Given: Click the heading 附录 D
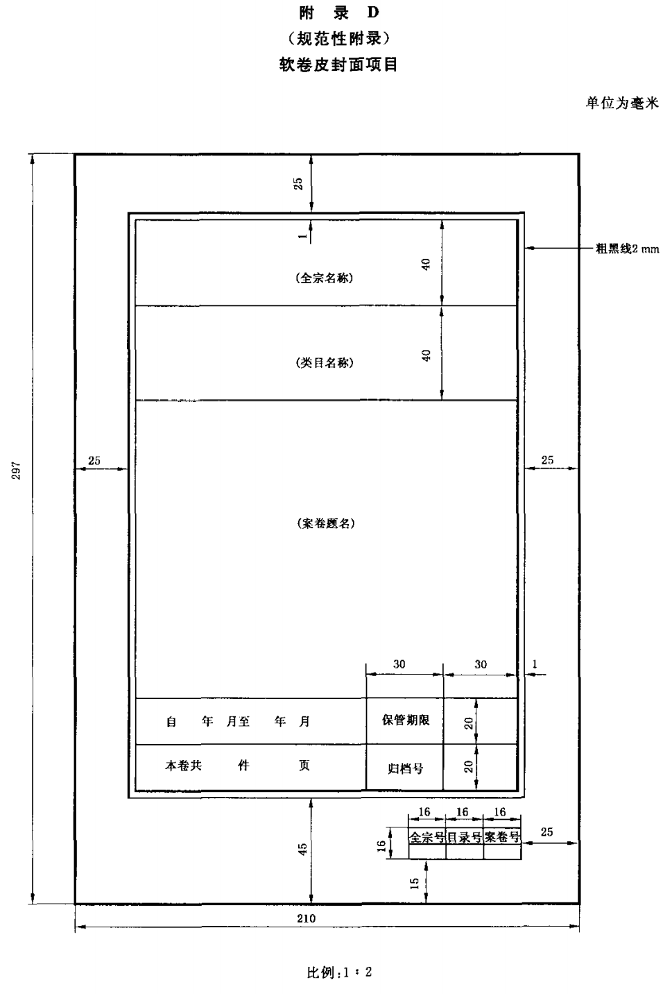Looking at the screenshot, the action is pyautogui.click(x=339, y=13).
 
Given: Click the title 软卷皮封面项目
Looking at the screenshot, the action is pyautogui.click(x=338, y=65).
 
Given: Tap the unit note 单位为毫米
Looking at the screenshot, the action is pyautogui.click(x=622, y=103).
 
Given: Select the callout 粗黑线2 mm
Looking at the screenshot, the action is pyautogui.click(x=627, y=249).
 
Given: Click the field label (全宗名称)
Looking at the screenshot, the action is pyautogui.click(x=325, y=278).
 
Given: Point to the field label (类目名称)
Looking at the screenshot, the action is pyautogui.click(x=325, y=363).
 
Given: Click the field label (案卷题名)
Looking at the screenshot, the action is pyautogui.click(x=326, y=523).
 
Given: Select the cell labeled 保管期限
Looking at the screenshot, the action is pyautogui.click(x=406, y=720).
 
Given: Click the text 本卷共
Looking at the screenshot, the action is pyautogui.click(x=184, y=766).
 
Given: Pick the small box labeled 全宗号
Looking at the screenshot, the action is pyautogui.click(x=427, y=837).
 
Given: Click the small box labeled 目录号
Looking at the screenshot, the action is pyautogui.click(x=465, y=837).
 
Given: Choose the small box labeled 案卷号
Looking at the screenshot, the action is pyautogui.click(x=502, y=837).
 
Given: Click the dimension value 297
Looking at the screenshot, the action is pyautogui.click(x=17, y=471).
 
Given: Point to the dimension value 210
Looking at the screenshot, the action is pyautogui.click(x=307, y=918).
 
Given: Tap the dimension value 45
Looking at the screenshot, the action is pyautogui.click(x=302, y=850).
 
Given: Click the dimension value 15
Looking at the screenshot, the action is pyautogui.click(x=415, y=884).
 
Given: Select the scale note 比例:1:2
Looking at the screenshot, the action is pyautogui.click(x=340, y=972).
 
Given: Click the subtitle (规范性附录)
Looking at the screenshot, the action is pyautogui.click(x=338, y=39).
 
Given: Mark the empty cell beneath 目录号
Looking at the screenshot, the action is pyautogui.click(x=465, y=852).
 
